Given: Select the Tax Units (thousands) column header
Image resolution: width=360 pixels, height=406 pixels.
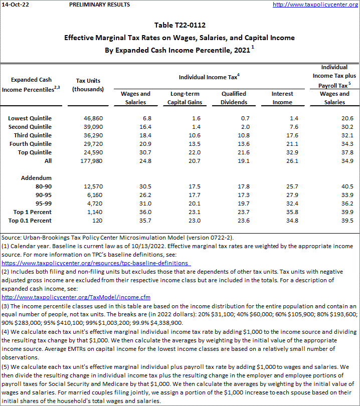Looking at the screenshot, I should [x=88, y=85].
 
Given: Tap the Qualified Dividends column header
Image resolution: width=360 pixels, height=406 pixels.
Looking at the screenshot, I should [x=234, y=98].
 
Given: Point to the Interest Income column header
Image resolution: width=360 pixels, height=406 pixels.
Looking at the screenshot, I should [x=282, y=98].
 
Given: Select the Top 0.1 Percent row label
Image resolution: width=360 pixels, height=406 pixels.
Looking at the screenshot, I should [x=30, y=221].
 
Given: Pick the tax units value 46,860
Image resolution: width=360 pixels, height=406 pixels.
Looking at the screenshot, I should [x=90, y=118].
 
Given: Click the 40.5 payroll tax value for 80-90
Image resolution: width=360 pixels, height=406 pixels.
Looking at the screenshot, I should [x=339, y=186].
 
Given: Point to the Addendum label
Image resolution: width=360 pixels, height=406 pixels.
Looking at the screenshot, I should [x=36, y=178].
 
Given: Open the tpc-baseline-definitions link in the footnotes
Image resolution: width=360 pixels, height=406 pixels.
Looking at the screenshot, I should [x=95, y=263].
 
